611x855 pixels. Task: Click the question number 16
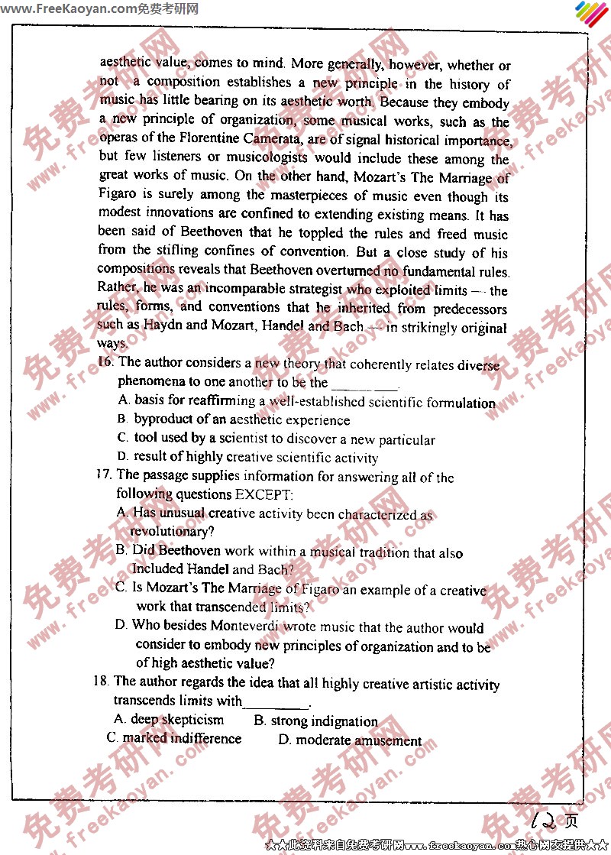106,362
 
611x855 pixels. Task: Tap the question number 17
105,474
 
